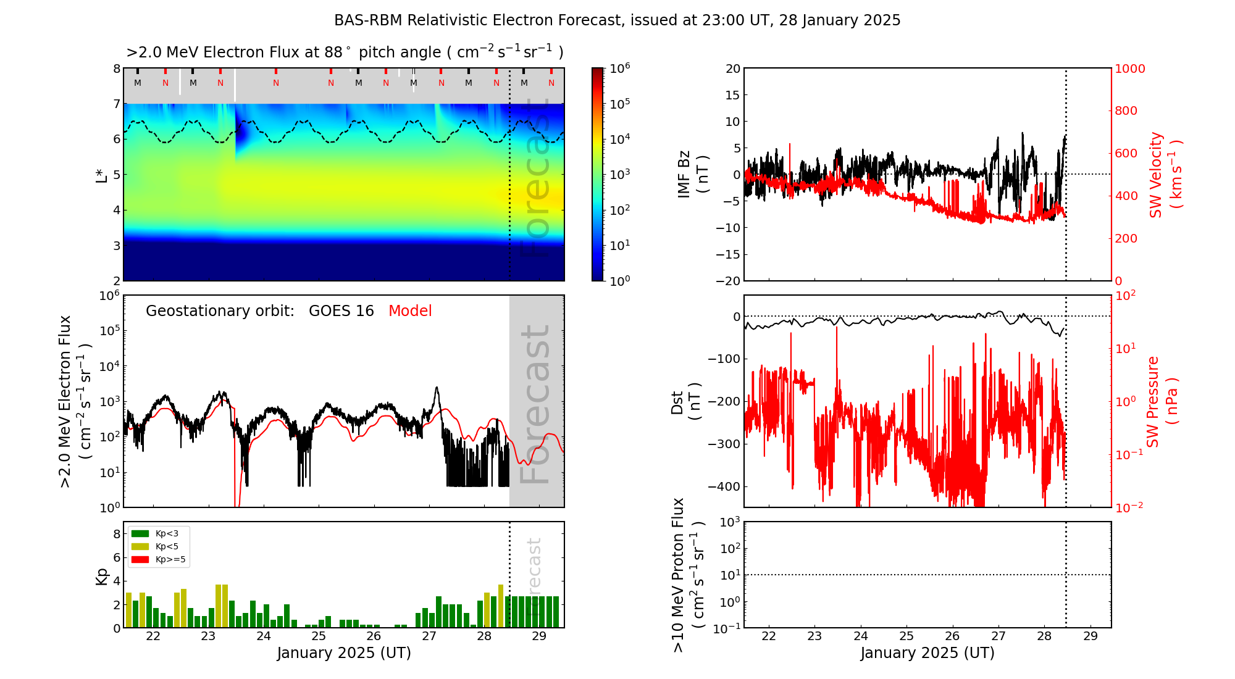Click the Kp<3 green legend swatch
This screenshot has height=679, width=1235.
[141, 533]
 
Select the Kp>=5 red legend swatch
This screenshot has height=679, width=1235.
[141, 560]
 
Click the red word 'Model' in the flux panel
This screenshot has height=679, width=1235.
[410, 311]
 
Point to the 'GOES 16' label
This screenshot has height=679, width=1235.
[341, 311]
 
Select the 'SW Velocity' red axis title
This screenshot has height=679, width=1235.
[1156, 174]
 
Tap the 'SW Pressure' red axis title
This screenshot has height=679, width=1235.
[1153, 401]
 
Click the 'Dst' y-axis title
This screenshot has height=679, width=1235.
[677, 402]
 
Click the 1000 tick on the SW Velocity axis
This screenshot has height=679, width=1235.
[1129, 69]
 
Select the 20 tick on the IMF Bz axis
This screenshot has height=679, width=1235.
[732, 69]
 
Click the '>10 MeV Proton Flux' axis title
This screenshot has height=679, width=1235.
[679, 575]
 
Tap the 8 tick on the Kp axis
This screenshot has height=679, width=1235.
[117, 534]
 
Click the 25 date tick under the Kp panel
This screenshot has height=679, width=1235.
[319, 636]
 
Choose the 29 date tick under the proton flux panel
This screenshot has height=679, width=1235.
[1091, 636]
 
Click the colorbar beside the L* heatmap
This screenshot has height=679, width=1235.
[598, 174]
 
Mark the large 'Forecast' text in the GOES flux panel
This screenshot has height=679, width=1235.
[535, 404]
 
